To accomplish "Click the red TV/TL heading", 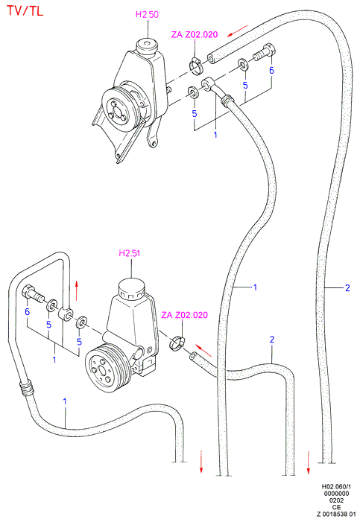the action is click(x=25, y=11).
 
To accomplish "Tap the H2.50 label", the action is click(x=147, y=14).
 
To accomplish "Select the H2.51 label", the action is click(x=130, y=253).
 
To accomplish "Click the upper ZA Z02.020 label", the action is click(x=195, y=34).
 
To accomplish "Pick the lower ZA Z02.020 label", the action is click(x=184, y=315).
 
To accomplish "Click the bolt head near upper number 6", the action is click(x=270, y=50).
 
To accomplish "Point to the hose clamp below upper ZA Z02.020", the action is click(x=196, y=65).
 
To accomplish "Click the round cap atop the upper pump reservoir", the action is click(x=147, y=45).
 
